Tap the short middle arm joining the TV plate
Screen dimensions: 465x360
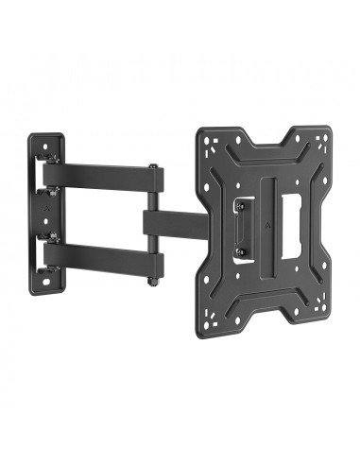click(175, 223)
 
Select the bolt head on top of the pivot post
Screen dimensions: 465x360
click(152, 167)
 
